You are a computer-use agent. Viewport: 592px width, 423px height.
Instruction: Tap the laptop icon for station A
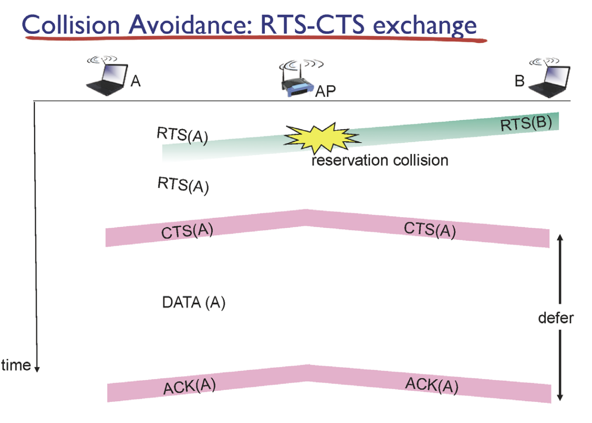point(107,76)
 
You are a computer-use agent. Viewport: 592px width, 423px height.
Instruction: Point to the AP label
point(325,92)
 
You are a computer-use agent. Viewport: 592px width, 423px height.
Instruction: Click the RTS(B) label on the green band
point(526,123)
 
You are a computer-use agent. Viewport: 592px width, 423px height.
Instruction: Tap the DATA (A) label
point(194,303)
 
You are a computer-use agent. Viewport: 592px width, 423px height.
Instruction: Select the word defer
point(556,318)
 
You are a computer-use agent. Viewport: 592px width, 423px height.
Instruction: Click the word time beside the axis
point(16,365)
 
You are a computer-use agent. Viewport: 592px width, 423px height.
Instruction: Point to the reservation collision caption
point(380,160)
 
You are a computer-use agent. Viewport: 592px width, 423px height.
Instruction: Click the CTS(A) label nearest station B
point(430,230)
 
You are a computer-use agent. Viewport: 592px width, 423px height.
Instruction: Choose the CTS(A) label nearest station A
point(187,231)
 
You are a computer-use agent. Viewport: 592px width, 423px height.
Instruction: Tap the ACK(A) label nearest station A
point(189,386)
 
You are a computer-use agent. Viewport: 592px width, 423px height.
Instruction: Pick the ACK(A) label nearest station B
point(432,386)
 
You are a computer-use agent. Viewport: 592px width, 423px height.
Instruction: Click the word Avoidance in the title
point(190,25)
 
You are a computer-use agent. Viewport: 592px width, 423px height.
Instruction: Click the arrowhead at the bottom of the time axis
point(37,370)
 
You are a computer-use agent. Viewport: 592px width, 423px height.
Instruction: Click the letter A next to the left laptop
point(135,81)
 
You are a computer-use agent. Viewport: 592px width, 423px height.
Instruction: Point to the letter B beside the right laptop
point(520,81)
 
